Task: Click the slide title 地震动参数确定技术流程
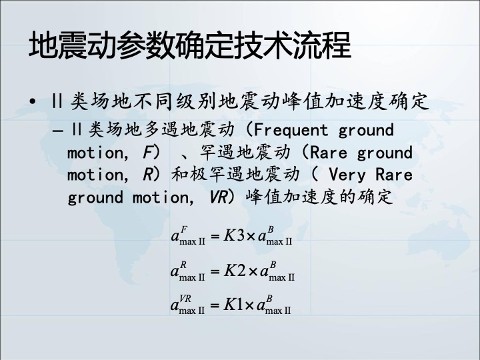point(190,45)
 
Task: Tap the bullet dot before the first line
point(33,101)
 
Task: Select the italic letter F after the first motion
point(147,153)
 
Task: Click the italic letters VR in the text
point(218,197)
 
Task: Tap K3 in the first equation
point(234,235)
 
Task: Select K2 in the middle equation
point(235,271)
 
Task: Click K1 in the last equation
point(233,305)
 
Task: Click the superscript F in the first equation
point(184,229)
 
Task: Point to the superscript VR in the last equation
point(185,299)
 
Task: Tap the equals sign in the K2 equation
point(215,271)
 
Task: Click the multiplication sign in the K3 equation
point(251,236)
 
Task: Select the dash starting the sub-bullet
point(58,131)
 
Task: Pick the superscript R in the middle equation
point(183,265)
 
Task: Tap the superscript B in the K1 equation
point(269,299)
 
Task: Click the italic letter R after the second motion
point(147,175)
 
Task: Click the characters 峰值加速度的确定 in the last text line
point(319,197)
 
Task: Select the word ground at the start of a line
point(95,197)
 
